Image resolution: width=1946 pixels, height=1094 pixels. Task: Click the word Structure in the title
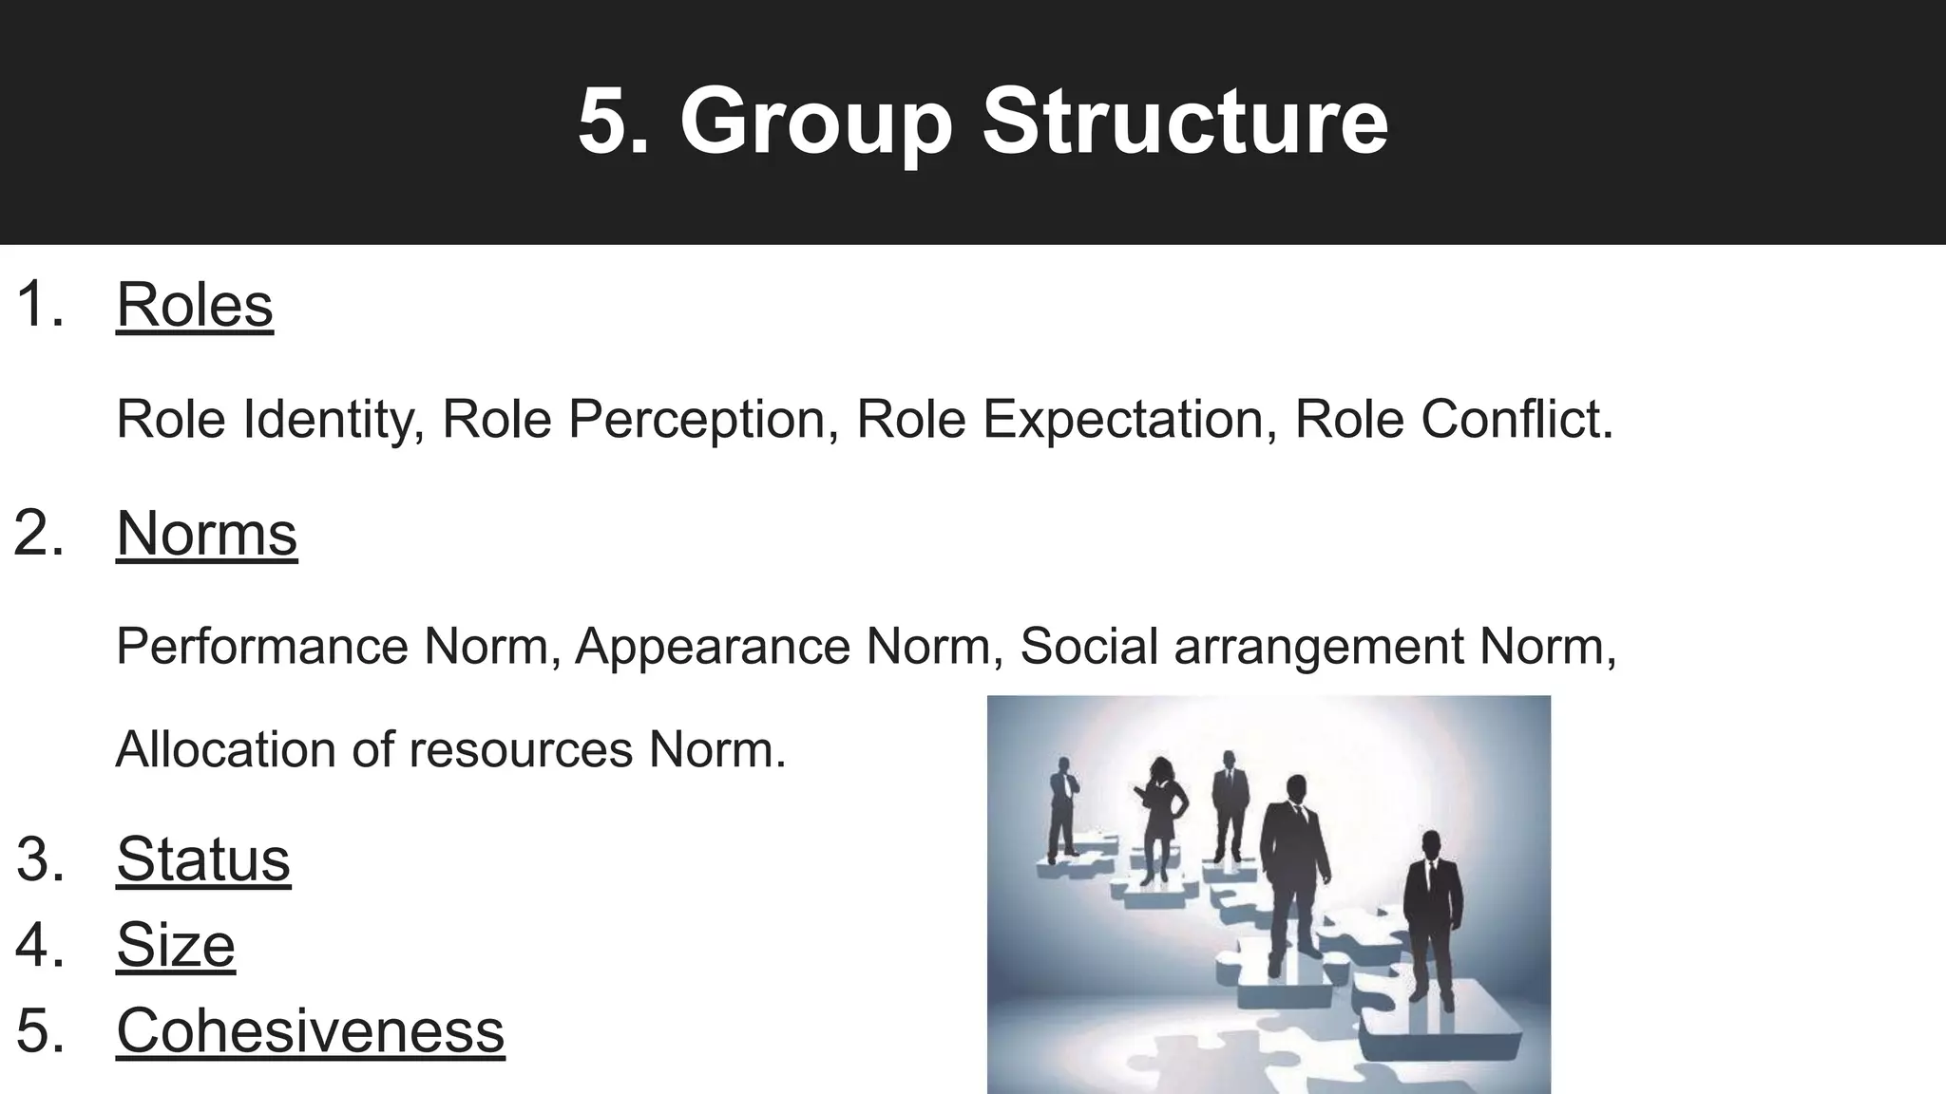(1185, 123)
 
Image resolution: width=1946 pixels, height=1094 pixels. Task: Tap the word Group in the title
(815, 123)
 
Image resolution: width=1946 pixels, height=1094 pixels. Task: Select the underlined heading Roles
(195, 305)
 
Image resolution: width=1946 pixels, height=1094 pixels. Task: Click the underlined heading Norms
(206, 533)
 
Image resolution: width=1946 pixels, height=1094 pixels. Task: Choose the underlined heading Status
(203, 859)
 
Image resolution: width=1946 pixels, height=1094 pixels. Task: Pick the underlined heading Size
(176, 945)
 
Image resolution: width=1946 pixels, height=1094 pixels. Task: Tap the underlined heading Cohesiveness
(310, 1030)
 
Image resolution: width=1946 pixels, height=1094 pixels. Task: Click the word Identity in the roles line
(334, 419)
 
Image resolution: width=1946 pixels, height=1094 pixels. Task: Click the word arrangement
(1320, 647)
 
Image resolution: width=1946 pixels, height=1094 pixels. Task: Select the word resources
(521, 750)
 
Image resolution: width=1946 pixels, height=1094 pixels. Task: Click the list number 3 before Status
(40, 859)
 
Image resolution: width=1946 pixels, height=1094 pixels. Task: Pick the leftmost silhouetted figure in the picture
(1061, 808)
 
